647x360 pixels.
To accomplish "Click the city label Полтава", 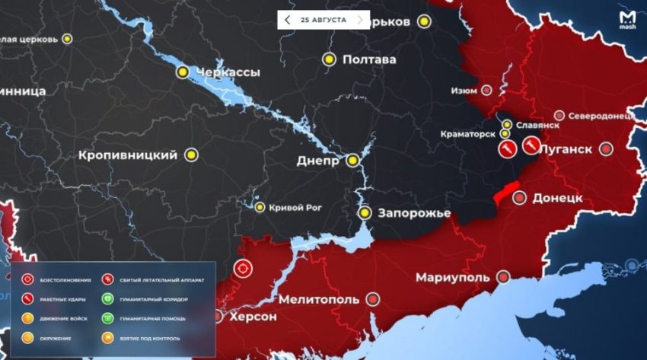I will click(369, 59).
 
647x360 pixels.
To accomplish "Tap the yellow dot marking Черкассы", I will click(183, 72).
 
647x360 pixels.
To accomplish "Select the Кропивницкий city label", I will click(127, 155).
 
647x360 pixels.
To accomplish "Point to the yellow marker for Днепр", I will click(352, 161).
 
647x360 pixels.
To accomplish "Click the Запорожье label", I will click(416, 212).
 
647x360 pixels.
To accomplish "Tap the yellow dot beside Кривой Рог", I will click(260, 207).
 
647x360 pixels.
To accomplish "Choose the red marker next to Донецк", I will click(519, 198).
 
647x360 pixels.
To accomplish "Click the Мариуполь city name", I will click(452, 277).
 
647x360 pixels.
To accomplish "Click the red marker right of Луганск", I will click(606, 149).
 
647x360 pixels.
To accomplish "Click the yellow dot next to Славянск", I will click(507, 124).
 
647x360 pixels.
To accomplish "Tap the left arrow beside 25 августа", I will click(287, 18).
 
